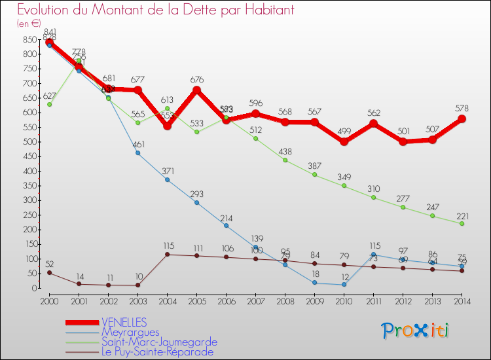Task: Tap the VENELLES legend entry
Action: [x=124, y=322]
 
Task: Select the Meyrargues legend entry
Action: [x=130, y=332]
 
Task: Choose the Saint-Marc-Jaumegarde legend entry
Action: [x=160, y=342]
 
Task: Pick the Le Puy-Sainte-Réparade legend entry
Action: [x=157, y=351]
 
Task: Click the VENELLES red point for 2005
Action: [x=196, y=90]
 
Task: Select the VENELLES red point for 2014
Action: [x=462, y=119]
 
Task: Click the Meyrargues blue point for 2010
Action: [x=344, y=285]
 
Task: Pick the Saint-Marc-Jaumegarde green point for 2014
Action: [x=462, y=223]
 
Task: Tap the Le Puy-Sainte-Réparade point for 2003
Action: [x=137, y=285]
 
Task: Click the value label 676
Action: [x=196, y=80]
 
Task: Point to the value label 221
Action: [x=462, y=213]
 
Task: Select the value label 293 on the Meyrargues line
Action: [x=196, y=194]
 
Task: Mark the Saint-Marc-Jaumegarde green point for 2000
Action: [x=49, y=105]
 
